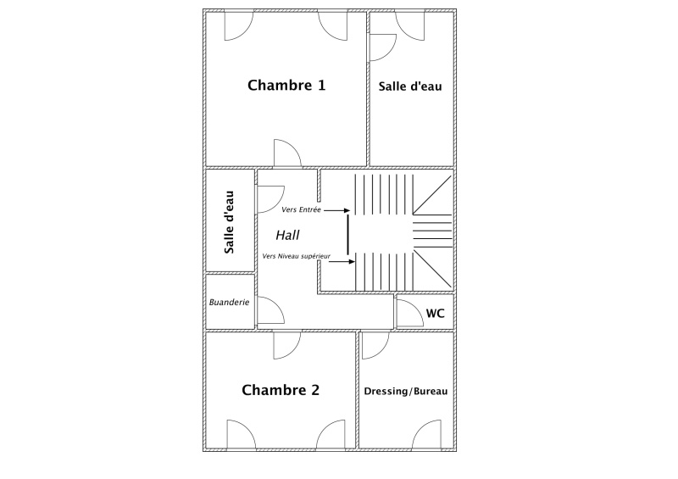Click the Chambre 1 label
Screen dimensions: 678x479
(286, 86)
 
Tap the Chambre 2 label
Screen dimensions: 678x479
(281, 390)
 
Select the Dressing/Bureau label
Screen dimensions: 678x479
(406, 391)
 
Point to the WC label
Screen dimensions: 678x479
(435, 314)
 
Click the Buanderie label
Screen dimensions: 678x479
(229, 302)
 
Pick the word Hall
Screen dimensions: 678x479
(287, 236)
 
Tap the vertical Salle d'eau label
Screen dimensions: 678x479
(229, 222)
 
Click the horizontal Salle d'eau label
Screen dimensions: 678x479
(410, 86)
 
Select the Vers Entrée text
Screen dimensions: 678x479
(301, 210)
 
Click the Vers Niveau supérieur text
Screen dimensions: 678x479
(296, 256)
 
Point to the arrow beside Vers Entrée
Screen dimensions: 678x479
(336, 211)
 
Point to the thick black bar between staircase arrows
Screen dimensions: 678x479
(347, 234)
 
